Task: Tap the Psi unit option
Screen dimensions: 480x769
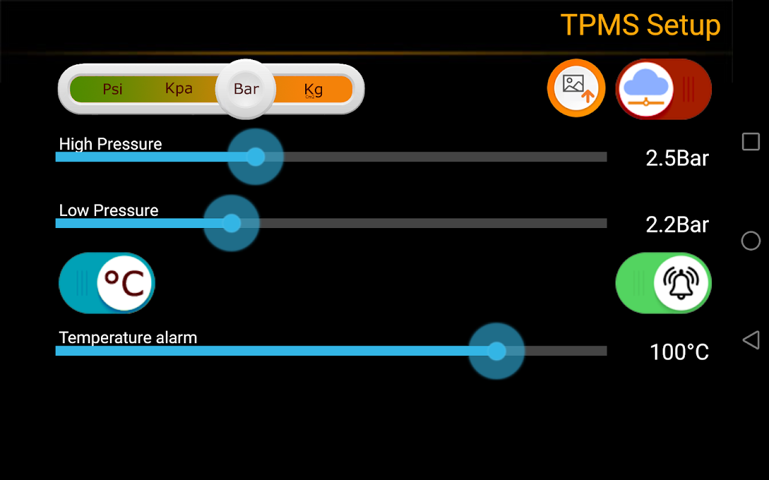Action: coord(112,89)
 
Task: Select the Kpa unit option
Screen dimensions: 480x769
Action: coord(179,89)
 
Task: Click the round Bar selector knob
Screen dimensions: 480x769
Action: coord(246,89)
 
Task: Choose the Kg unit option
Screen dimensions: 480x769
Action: coord(313,90)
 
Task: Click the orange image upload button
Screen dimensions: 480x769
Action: coord(576,88)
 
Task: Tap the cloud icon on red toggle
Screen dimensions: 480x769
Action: coord(645,89)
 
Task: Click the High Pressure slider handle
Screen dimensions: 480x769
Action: coord(255,157)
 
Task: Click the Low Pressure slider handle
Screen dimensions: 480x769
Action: coord(231,223)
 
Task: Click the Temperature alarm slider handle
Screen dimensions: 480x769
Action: coord(496,351)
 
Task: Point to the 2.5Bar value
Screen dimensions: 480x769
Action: coord(677,158)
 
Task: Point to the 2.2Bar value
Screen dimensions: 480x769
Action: coord(677,225)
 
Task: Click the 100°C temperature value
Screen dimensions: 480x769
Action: coord(679,352)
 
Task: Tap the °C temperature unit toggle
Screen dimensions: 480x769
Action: coord(124,283)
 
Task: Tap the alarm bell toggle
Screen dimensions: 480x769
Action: coord(681,283)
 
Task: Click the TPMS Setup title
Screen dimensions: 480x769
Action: coord(640,25)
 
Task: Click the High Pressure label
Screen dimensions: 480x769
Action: coord(111,144)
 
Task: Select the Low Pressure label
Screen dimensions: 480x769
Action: coord(109,211)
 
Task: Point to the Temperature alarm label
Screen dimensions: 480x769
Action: coord(128,338)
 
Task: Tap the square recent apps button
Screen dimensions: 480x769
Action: coord(750,142)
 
